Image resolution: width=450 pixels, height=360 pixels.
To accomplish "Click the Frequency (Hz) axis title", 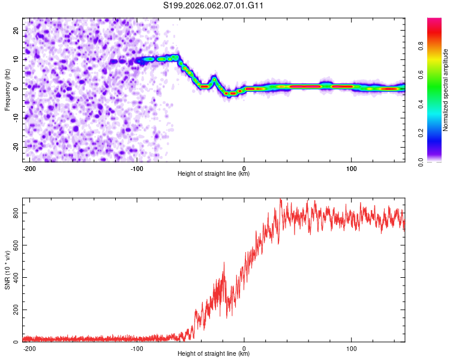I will click(7, 89).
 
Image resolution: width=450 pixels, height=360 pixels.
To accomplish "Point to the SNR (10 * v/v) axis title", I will click(7, 269).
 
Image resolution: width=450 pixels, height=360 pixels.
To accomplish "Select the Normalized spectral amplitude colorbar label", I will click(446, 89).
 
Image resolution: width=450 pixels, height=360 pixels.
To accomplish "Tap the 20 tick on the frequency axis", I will click(16, 30).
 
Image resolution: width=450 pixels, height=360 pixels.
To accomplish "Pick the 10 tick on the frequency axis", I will click(16, 59).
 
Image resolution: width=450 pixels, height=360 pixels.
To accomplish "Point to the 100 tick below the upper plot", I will click(351, 168).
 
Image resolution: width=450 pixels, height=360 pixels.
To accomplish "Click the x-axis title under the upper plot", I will click(214, 174).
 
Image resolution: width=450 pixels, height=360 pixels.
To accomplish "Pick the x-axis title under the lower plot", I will click(214, 354).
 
